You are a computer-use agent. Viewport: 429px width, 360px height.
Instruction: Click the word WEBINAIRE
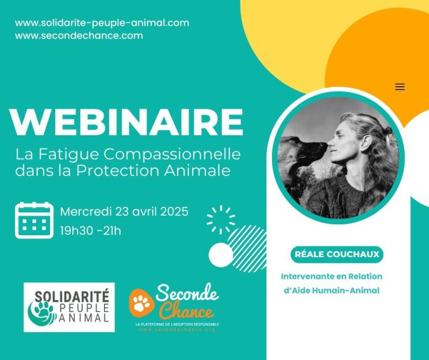click(x=126, y=122)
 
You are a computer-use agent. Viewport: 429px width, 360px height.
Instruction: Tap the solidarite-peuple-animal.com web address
click(x=102, y=23)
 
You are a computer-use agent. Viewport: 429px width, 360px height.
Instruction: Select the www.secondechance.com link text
click(x=79, y=36)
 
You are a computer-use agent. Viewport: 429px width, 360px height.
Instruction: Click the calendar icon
click(x=34, y=220)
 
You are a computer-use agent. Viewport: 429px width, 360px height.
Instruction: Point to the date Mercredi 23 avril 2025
click(x=124, y=212)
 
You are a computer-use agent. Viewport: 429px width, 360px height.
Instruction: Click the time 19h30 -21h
click(x=90, y=231)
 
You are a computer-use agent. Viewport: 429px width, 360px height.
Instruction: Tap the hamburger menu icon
click(x=400, y=87)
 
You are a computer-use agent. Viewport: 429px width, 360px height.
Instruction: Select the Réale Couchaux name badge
click(x=337, y=254)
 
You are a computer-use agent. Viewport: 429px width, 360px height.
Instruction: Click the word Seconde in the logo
click(x=187, y=293)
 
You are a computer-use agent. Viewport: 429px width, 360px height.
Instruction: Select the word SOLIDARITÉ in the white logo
click(x=72, y=296)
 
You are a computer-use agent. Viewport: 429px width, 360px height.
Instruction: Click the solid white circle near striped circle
click(x=221, y=254)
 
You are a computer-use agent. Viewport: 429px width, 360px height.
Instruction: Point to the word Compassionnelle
click(x=172, y=154)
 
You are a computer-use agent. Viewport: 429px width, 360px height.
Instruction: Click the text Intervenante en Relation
click(x=332, y=277)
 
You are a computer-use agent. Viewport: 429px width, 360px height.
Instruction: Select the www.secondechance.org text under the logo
click(x=177, y=330)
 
